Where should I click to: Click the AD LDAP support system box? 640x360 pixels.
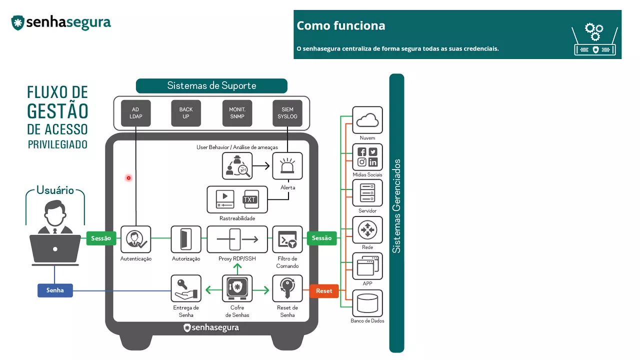135,113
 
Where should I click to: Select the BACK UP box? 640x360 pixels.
186,113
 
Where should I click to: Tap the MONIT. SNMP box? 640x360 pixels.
237,113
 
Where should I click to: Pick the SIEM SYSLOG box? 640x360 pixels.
287,113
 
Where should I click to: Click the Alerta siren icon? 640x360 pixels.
287,166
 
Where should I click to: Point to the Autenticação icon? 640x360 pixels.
135,239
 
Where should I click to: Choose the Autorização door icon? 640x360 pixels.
186,239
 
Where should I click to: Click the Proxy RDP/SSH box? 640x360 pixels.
237,239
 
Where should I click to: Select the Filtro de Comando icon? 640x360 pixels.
287,239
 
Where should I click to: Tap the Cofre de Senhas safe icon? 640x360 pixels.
237,288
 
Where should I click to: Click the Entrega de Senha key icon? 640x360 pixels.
186,288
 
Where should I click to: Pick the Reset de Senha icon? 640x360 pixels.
287,288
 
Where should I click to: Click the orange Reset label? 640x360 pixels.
324,290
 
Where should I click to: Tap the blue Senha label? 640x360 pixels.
55,290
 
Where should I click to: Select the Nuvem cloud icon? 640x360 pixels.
367,120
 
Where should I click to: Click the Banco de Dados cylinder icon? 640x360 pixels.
367,303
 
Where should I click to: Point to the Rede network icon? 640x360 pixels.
367,230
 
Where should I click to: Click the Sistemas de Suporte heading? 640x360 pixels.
211,86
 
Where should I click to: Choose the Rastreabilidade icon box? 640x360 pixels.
237,199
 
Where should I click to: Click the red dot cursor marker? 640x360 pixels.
128,178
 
